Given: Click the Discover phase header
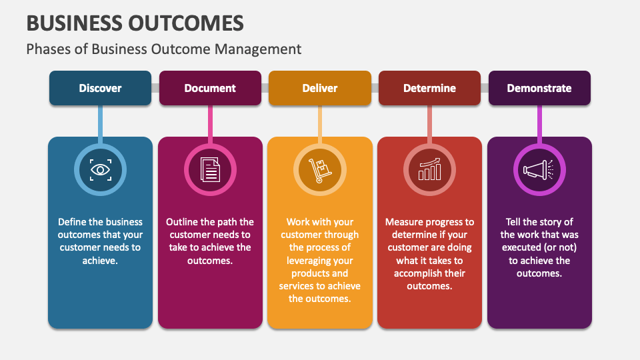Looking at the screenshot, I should tap(100, 88).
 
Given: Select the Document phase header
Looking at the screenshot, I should tap(210, 88).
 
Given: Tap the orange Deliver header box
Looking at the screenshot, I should tap(320, 88).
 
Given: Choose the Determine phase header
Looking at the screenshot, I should tap(429, 88).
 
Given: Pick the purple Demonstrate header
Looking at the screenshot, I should tap(539, 88).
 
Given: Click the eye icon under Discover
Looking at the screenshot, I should tap(101, 170).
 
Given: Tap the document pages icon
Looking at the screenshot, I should tap(210, 170).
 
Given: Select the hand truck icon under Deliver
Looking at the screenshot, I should tap(320, 170).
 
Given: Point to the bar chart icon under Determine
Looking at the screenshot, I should tap(429, 170).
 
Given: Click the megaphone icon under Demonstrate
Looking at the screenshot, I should tap(539, 170).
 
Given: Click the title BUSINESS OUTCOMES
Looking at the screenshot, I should tap(135, 23).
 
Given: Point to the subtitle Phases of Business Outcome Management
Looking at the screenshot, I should tap(164, 49).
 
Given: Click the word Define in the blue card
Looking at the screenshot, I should tap(72, 222).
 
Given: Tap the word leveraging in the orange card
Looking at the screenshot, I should tap(310, 261).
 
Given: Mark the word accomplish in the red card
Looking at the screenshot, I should tap(417, 273).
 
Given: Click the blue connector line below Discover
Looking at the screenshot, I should tap(101, 123).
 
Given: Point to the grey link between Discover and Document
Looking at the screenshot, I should tap(155, 88).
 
